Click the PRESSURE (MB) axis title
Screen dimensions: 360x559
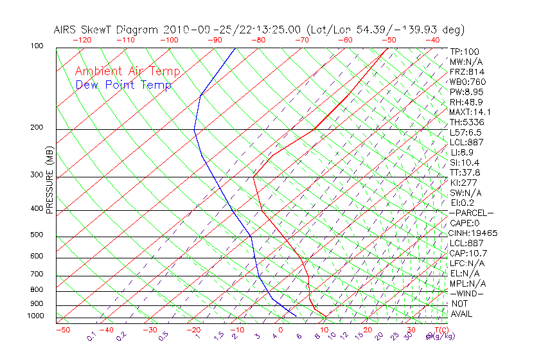tap(49, 181)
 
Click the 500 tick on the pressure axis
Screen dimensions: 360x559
tap(37, 235)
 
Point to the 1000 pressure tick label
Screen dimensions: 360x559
tap(35, 316)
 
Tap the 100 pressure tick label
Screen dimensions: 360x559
tap(37, 46)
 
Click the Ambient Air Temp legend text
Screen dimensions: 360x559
tap(127, 71)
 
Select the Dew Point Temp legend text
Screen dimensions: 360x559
tap(123, 85)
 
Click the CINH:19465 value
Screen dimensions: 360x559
tap(474, 233)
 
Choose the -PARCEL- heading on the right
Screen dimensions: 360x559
tap(471, 213)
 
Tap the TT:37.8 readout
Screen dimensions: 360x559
tap(465, 172)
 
